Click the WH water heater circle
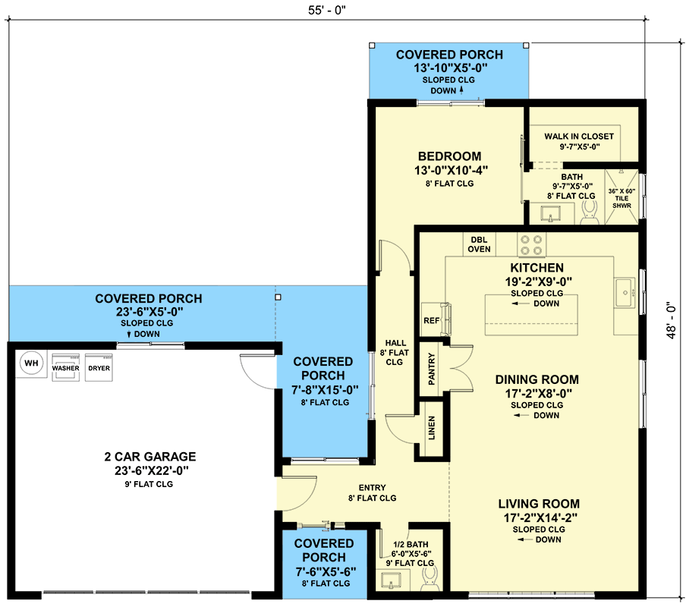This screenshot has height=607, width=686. tap(32, 363)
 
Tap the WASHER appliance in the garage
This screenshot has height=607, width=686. tap(65, 367)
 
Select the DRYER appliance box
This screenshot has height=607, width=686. tap(99, 367)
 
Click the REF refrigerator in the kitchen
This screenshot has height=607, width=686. tap(436, 319)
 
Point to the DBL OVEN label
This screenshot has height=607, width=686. tap(479, 244)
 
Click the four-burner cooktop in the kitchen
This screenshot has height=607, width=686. tap(531, 245)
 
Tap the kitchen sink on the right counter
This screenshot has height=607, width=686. tap(625, 293)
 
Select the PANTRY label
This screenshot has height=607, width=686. tap(432, 369)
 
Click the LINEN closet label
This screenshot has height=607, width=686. tap(432, 428)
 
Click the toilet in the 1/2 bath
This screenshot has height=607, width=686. tap(430, 578)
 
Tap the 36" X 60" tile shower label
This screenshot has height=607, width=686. tap(621, 198)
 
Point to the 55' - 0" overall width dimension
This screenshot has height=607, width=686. tap(327, 10)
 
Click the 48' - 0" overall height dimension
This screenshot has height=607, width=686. tap(672, 320)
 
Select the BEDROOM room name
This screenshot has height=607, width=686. tap(450, 156)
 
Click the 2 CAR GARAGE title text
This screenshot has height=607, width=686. tap(150, 457)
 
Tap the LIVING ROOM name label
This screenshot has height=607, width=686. tap(539, 504)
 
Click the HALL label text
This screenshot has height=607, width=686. tap(395, 343)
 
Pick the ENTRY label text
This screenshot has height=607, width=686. tap(373, 487)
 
